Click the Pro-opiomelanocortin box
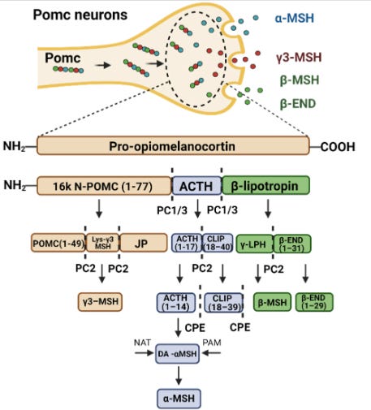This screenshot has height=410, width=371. tap(173, 146)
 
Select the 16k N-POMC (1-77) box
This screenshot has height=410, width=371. tap(104, 186)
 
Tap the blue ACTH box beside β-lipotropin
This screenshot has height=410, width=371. tap(196, 186)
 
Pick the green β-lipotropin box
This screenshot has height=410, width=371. tap(265, 186)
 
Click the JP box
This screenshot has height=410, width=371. tap(144, 243)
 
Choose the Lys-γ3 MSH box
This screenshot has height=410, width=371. tap(102, 243)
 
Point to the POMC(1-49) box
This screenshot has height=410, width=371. tap(58, 243)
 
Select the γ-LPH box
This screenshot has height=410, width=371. tap(254, 244)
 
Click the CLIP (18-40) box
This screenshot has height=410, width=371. tap(218, 243)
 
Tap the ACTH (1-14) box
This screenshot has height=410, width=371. tap(176, 302)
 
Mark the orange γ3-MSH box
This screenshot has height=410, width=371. tap(100, 301)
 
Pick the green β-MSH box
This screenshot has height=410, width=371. tap(272, 302)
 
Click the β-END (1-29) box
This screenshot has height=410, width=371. tap(314, 302)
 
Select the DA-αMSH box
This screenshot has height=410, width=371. tap(178, 354)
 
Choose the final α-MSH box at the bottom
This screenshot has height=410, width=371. tap(179, 399)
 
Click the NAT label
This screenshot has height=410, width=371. tap(142, 343)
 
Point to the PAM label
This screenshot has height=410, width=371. tap(212, 343)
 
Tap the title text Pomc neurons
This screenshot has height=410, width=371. tap(80, 15)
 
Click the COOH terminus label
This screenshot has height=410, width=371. tap(338, 147)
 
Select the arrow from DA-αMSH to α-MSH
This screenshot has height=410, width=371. tap(179, 375)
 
